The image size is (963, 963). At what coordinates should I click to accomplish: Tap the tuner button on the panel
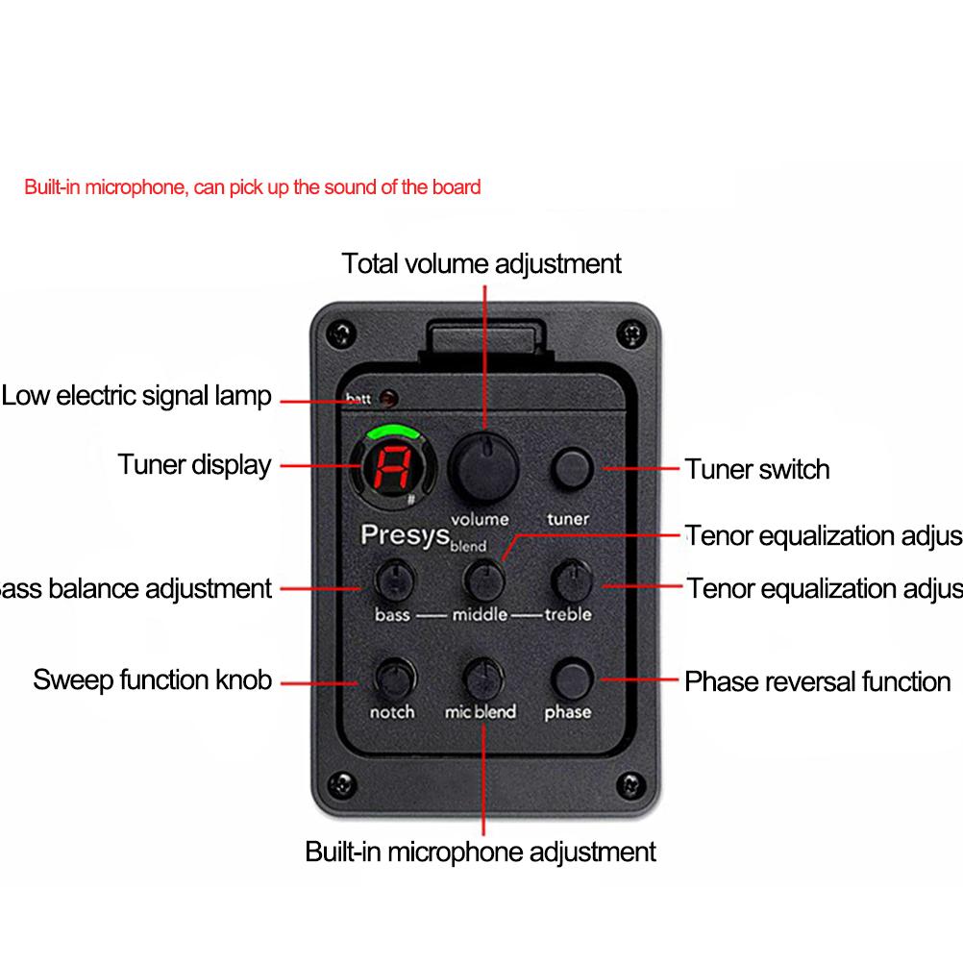[x=570, y=468]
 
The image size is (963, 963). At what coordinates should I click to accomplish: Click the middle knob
[x=483, y=579]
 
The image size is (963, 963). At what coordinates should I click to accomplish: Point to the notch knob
[x=393, y=678]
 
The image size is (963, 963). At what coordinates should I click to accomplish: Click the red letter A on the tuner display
[x=390, y=468]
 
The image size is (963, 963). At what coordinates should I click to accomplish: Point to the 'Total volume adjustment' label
[x=481, y=263]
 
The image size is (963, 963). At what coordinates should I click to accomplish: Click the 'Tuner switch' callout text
[x=756, y=469]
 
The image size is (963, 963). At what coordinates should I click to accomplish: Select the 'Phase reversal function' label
[x=817, y=682]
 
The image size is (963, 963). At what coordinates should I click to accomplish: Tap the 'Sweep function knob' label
[x=153, y=680]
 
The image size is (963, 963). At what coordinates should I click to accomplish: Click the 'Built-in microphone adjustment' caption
[x=481, y=852]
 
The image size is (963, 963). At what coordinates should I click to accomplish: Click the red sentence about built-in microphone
[x=252, y=186]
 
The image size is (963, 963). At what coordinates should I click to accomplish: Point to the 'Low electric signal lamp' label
[x=137, y=396]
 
